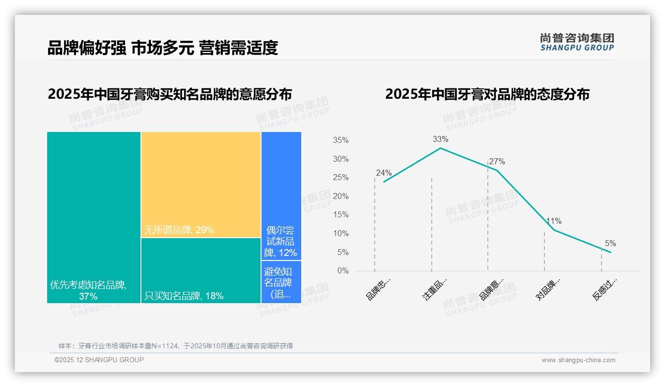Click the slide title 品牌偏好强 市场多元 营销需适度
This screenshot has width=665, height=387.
click(162, 48)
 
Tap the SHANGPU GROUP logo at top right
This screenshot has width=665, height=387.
click(577, 42)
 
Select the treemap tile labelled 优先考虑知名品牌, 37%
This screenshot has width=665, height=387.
click(94, 217)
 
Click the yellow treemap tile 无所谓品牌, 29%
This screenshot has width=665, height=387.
click(201, 185)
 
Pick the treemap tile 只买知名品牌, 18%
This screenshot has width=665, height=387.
click(201, 270)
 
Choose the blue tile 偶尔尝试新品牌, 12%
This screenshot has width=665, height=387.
click(281, 195)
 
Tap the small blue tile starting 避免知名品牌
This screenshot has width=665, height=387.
click(281, 282)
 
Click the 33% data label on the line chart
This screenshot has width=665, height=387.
click(440, 139)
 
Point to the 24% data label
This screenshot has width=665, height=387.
click(384, 173)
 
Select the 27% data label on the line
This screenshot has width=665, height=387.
click(497, 162)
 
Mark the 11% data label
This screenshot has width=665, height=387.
click(553, 221)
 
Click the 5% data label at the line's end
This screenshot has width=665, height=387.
click(610, 244)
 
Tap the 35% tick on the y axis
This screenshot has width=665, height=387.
click(340, 140)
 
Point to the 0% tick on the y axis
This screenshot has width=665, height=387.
click(343, 271)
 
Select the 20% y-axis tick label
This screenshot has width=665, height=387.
click(340, 196)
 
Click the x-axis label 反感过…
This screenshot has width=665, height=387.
click(604, 289)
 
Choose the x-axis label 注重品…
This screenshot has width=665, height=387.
click(435, 289)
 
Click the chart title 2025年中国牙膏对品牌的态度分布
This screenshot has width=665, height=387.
click(487, 94)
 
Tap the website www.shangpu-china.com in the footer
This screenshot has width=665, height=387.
click(578, 360)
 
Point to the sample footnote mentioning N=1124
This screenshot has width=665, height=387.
click(176, 346)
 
